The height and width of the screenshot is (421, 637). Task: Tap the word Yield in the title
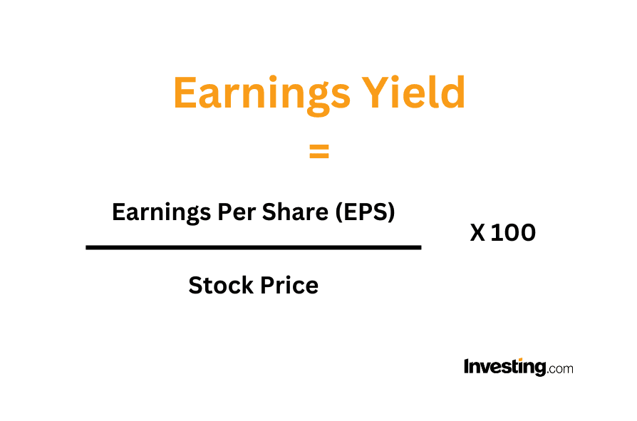pyautogui.click(x=413, y=92)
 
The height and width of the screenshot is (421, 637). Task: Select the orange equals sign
pyautogui.click(x=319, y=151)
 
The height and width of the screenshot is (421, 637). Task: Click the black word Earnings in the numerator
pyautogui.click(x=161, y=212)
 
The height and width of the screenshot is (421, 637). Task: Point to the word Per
pyautogui.click(x=236, y=212)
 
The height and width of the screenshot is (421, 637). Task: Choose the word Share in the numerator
pyautogui.click(x=295, y=212)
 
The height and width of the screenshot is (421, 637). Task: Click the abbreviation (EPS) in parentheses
pyautogui.click(x=366, y=212)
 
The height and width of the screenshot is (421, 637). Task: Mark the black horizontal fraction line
pyautogui.click(x=254, y=247)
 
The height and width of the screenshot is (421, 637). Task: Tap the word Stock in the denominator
pyautogui.click(x=221, y=285)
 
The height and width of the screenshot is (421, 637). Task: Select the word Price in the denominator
pyautogui.click(x=289, y=285)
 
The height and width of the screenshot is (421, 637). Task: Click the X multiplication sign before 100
pyautogui.click(x=477, y=233)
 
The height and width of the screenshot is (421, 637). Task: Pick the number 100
pyautogui.click(x=514, y=233)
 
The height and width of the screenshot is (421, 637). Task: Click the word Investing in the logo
pyautogui.click(x=505, y=367)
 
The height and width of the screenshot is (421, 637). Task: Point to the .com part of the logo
pyautogui.click(x=560, y=368)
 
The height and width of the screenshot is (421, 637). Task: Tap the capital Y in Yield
pyautogui.click(x=375, y=92)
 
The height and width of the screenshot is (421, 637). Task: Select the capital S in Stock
pyautogui.click(x=196, y=285)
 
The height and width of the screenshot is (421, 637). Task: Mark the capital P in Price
pyautogui.click(x=267, y=285)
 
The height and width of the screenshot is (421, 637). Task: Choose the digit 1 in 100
pyautogui.click(x=496, y=233)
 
